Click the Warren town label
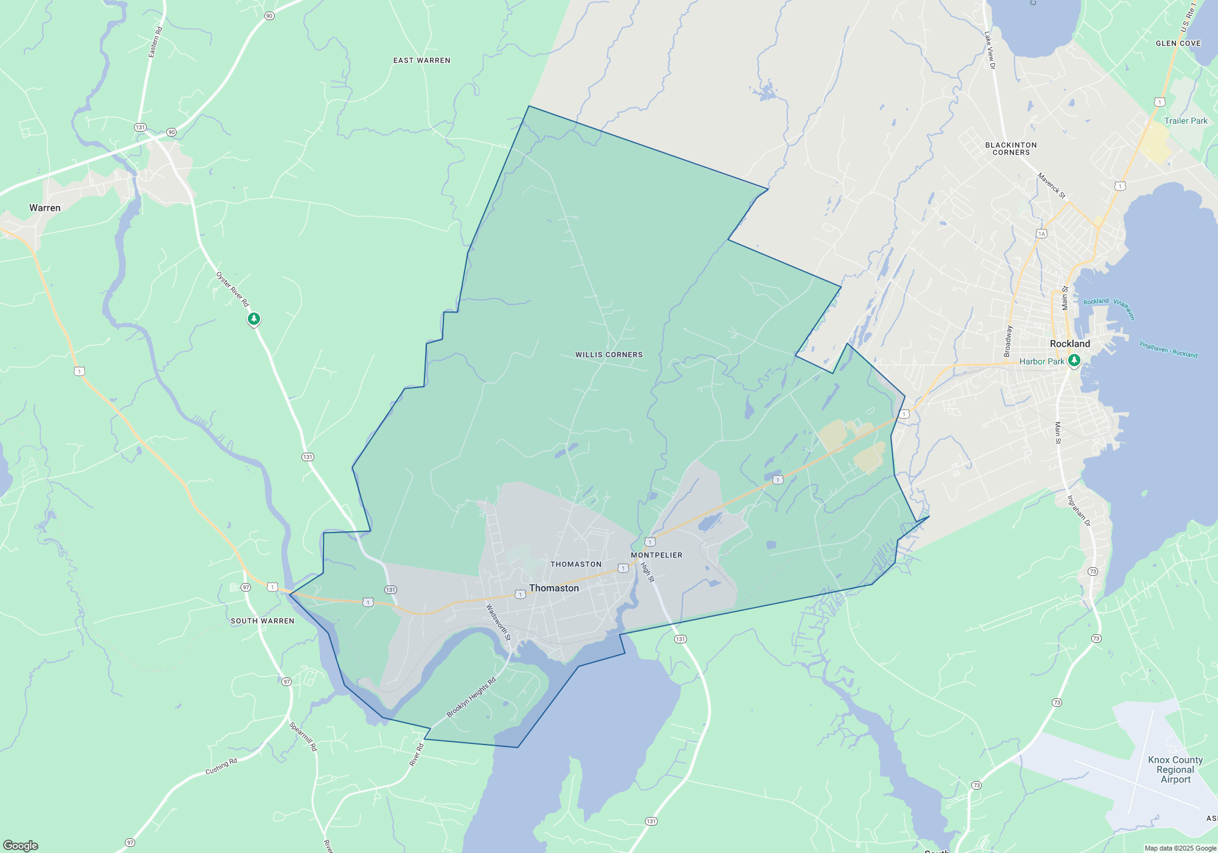pyautogui.click(x=45, y=208)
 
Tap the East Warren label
pyautogui.click(x=421, y=60)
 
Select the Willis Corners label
pyautogui.click(x=609, y=355)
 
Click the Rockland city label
pyautogui.click(x=1069, y=344)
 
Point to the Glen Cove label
pyautogui.click(x=1178, y=43)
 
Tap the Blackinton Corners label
pyautogui.click(x=1011, y=149)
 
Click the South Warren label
pyautogui.click(x=262, y=621)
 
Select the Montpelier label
pyautogui.click(x=657, y=555)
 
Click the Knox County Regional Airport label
pyautogui.click(x=1175, y=770)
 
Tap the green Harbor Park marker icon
pyautogui.click(x=1074, y=361)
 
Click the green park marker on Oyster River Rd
pyautogui.click(x=254, y=319)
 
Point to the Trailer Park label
pyautogui.click(x=1186, y=121)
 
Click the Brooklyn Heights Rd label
pyautogui.click(x=471, y=698)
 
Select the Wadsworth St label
pyautogui.click(x=498, y=622)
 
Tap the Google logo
pyautogui.click(x=21, y=845)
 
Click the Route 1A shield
pyautogui.click(x=1041, y=233)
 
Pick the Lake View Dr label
pyautogui.click(x=990, y=50)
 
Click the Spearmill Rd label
pyautogui.click(x=303, y=736)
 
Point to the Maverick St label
pyautogui.click(x=1052, y=186)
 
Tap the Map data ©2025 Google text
pyautogui.click(x=1180, y=848)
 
